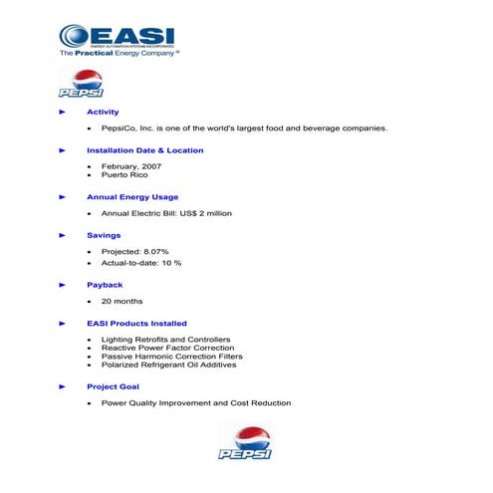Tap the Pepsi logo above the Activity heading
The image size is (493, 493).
point(87,85)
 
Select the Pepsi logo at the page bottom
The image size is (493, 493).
point(245,442)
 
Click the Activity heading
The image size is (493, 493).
point(103,113)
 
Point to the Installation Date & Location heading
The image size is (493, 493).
point(144,150)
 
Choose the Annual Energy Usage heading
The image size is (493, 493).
point(132,197)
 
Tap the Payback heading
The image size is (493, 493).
point(105,285)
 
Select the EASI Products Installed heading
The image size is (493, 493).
point(136,324)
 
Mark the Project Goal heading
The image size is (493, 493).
point(114,386)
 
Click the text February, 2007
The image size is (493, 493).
point(129,166)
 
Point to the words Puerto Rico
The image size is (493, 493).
point(124,175)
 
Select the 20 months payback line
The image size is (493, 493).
point(122,301)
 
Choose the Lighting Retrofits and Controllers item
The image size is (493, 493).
point(165,340)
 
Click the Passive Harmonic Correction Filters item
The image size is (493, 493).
point(171,357)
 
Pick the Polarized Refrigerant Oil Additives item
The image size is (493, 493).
point(168,365)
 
